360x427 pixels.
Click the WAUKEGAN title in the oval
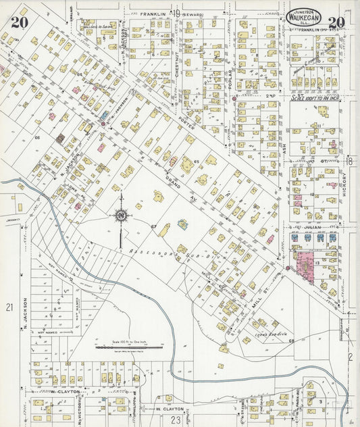(303, 18)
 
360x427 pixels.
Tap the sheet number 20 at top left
(19, 22)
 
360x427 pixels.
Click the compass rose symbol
(121, 216)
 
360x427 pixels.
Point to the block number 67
(154, 225)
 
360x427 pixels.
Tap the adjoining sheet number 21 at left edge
(9, 307)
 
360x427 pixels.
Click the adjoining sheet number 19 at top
(175, 13)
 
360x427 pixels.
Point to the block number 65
(196, 161)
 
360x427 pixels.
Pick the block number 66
(38, 137)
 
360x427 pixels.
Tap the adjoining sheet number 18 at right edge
(351, 160)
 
